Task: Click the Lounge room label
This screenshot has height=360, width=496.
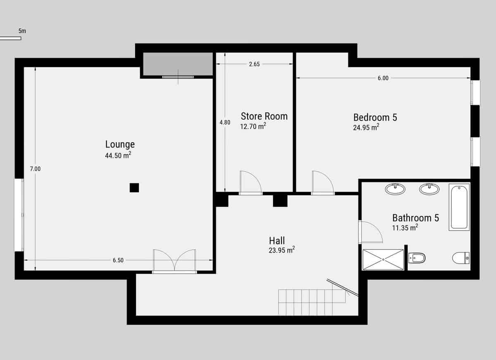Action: (x=120, y=144)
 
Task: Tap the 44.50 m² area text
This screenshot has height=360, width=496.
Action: (x=118, y=155)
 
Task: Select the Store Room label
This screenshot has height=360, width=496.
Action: (x=264, y=116)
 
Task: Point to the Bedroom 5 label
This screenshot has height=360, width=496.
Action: (x=375, y=117)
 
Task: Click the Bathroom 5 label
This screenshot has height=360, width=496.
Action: (x=415, y=217)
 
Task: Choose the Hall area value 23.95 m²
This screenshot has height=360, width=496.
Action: (x=281, y=250)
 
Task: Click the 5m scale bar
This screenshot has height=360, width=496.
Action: (x=10, y=38)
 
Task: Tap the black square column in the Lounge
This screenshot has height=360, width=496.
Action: (x=134, y=188)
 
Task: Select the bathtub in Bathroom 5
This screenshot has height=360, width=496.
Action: (x=459, y=207)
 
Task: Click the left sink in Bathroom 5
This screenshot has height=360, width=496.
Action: (x=395, y=189)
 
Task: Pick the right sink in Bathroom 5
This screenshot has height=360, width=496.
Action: (x=429, y=189)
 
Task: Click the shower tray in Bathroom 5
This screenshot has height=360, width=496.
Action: (x=383, y=260)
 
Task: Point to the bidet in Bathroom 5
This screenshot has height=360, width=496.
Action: (x=416, y=258)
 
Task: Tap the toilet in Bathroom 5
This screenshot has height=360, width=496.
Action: (x=461, y=258)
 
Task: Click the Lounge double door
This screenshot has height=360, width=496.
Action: (x=174, y=261)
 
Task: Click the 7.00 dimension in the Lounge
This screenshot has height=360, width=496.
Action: (x=35, y=169)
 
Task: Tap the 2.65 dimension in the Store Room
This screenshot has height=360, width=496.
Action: (x=254, y=64)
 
